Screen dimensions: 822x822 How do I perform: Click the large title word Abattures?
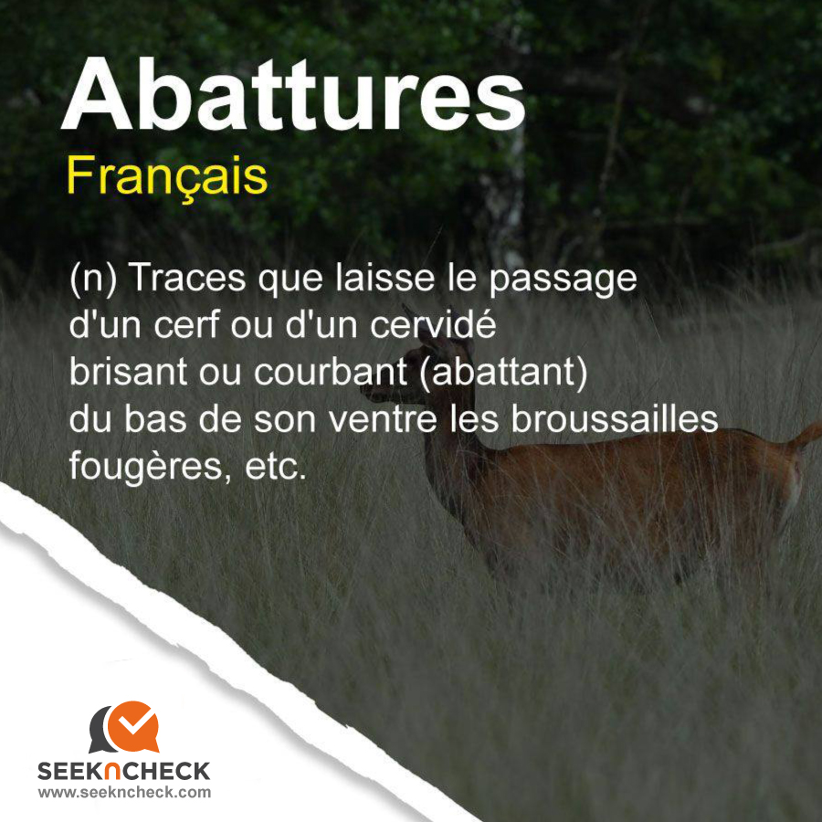pos(293,94)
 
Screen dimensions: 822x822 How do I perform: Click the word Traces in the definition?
pos(186,278)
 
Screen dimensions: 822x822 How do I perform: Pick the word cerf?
pos(186,324)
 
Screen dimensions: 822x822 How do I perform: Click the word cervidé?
pos(433,324)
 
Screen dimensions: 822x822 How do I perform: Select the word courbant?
pos(331,372)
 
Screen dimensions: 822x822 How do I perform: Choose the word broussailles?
pos(615,419)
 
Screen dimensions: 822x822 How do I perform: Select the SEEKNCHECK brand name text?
pos(123,772)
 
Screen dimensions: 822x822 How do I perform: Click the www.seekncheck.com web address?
pos(123,792)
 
